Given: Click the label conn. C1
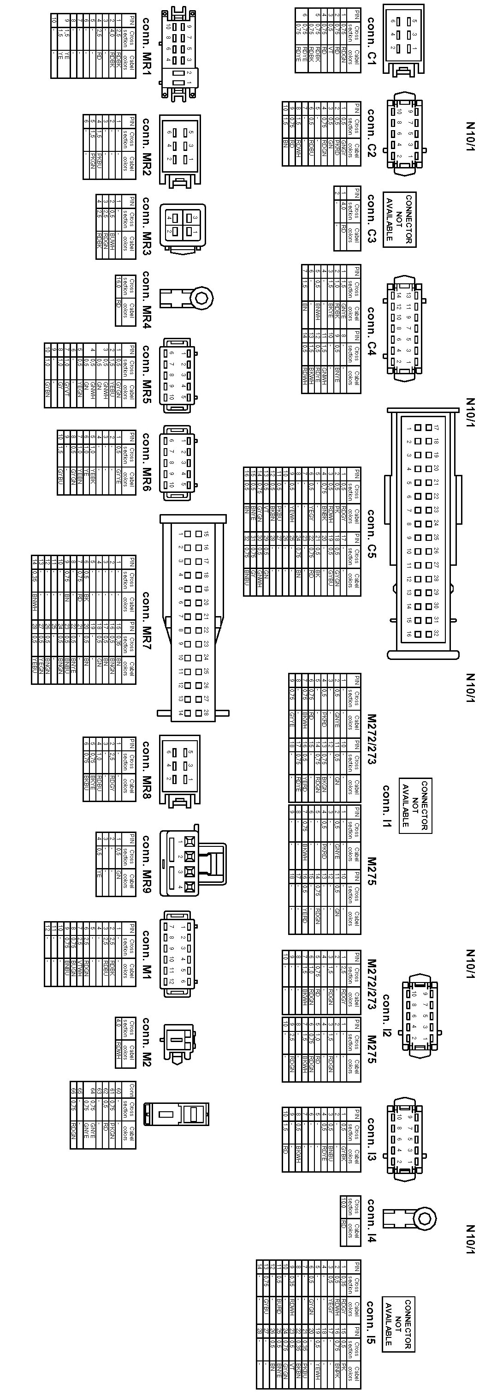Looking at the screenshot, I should click(x=371, y=41).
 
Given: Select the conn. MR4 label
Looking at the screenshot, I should click(x=146, y=299).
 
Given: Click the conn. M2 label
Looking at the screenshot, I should click(x=146, y=1042).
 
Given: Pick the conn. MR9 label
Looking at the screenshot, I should click(x=146, y=864).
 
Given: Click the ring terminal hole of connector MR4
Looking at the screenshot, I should click(x=201, y=298).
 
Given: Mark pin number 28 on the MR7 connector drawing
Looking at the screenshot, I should click(x=206, y=713).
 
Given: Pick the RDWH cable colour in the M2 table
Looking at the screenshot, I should click(x=118, y=1050).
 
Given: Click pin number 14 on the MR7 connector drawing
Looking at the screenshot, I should click(x=180, y=713).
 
